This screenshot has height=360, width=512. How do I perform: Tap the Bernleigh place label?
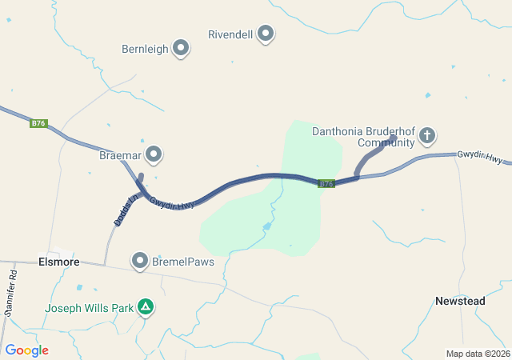[x=145, y=49]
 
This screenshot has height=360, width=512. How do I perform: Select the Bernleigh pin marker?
[x=181, y=49]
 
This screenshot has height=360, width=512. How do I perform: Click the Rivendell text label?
[x=230, y=35]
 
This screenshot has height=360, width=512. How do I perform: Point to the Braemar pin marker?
[x=154, y=154]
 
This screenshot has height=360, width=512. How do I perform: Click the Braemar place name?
[x=120, y=154]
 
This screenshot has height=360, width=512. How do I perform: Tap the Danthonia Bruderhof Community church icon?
[x=427, y=135]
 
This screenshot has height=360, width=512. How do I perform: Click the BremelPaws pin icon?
[x=141, y=261]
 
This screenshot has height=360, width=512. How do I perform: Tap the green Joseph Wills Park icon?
[x=146, y=306]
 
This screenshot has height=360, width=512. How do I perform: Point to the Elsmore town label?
[x=58, y=261]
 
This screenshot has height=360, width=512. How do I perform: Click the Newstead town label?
[x=460, y=301]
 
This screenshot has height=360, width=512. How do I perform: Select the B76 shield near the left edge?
[x=39, y=123]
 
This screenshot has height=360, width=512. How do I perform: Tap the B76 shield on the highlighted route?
[x=326, y=184]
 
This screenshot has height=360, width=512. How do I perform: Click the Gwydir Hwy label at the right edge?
[x=480, y=157]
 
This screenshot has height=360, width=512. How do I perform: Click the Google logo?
[x=26, y=350]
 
